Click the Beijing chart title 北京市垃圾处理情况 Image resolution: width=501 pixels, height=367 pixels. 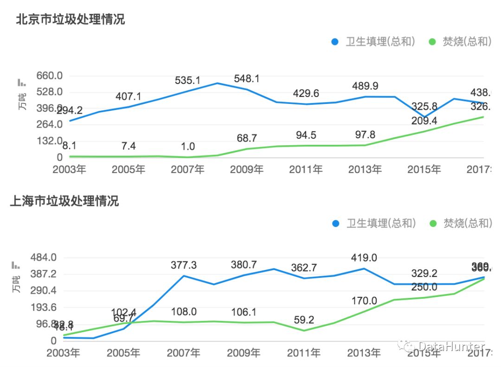coord(71,19)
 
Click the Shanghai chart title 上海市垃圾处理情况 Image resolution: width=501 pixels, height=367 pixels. coord(64,201)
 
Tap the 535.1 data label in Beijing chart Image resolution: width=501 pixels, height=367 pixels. coord(187,80)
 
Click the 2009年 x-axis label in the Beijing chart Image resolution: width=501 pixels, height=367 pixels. coord(246,169)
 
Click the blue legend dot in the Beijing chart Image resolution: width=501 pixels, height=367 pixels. coord(335,42)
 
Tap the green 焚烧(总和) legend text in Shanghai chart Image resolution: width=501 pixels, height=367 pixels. coord(467,223)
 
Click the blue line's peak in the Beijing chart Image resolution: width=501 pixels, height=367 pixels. coord(217,83)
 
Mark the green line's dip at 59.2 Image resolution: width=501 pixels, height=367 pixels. coord(304,330)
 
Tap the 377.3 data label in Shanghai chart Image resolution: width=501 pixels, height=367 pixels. coord(184,265)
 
